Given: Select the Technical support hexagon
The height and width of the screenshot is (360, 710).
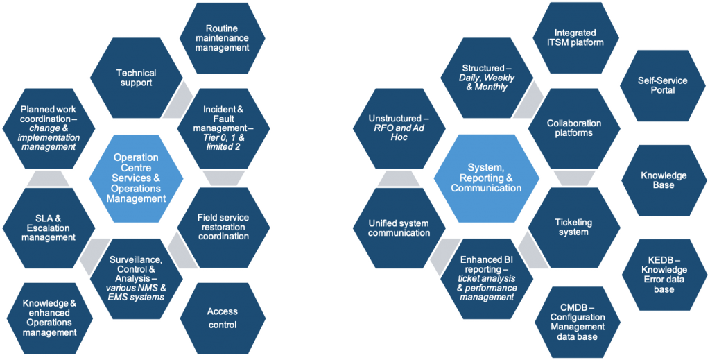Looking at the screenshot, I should (136, 78).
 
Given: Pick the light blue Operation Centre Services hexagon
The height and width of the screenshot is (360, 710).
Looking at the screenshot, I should (136, 178).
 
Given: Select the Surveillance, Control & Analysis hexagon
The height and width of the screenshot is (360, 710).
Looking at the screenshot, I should (137, 277).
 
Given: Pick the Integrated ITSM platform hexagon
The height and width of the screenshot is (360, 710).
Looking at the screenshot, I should (579, 37).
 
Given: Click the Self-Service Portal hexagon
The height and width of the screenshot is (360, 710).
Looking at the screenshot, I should (662, 85).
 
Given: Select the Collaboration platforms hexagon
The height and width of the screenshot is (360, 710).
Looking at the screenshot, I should (573, 128).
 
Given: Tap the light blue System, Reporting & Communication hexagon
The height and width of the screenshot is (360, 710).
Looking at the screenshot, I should (485, 178).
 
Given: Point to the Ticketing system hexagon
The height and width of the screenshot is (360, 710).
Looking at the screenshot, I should (573, 227).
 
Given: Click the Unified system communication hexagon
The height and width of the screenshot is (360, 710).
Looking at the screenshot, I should (399, 228).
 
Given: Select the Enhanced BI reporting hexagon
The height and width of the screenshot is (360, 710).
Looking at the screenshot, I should (486, 277).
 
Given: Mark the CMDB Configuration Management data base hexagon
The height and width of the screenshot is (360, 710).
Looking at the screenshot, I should (578, 322).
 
